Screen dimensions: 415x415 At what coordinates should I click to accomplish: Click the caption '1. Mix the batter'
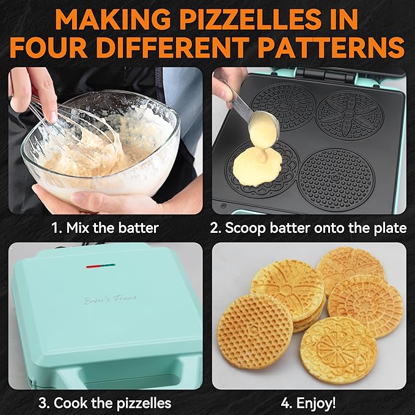coord(104,229)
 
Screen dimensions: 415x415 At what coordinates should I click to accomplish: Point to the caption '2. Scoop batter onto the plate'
coord(308,229)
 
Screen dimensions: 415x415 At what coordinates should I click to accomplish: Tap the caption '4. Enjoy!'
coord(308,403)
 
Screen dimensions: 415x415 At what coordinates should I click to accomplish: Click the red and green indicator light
coord(101,266)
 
